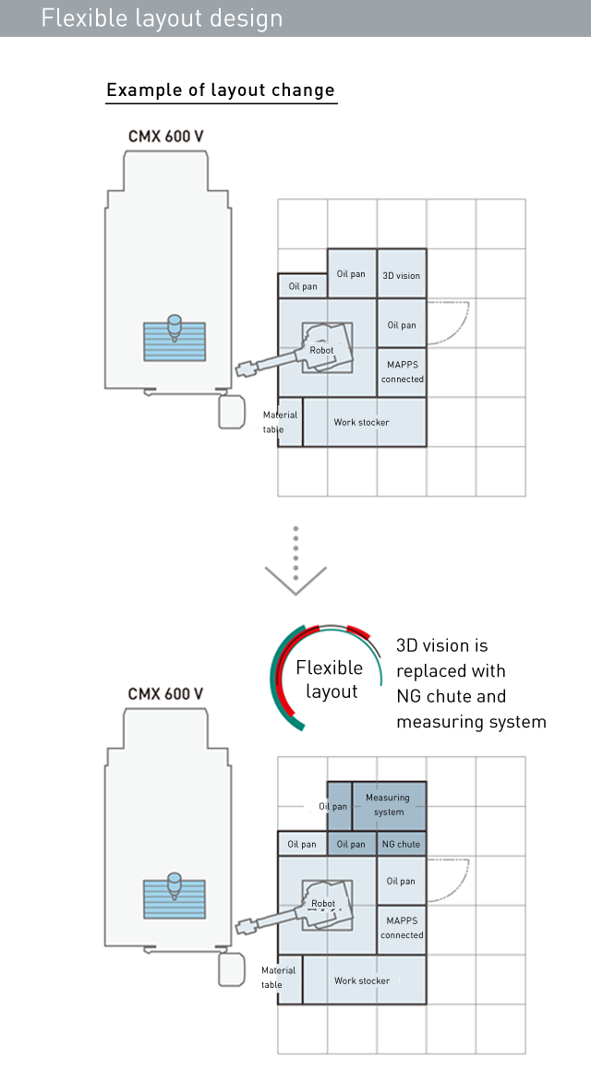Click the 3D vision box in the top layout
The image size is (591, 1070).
click(x=402, y=273)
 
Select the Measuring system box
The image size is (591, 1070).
click(x=389, y=806)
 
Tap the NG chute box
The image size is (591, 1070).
click(x=402, y=844)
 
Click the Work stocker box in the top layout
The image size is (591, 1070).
click(x=365, y=423)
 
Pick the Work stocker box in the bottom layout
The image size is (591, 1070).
click(x=365, y=980)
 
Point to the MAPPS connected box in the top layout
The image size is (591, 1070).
click(x=402, y=373)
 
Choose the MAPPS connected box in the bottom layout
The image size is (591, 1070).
click(x=402, y=930)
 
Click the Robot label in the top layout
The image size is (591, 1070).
click(x=322, y=350)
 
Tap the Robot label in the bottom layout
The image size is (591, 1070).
click(x=323, y=904)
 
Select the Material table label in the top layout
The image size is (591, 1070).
click(x=280, y=422)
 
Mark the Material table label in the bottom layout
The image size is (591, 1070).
click(x=279, y=977)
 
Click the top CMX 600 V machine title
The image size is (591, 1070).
click(x=166, y=137)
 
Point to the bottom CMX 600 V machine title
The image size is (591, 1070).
click(x=166, y=694)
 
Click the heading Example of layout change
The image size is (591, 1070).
click(x=221, y=90)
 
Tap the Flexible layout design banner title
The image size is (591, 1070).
click(x=162, y=18)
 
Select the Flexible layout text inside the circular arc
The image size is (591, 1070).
click(x=329, y=679)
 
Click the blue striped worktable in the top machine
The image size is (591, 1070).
click(x=175, y=342)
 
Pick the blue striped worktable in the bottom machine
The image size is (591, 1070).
click(x=175, y=898)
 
